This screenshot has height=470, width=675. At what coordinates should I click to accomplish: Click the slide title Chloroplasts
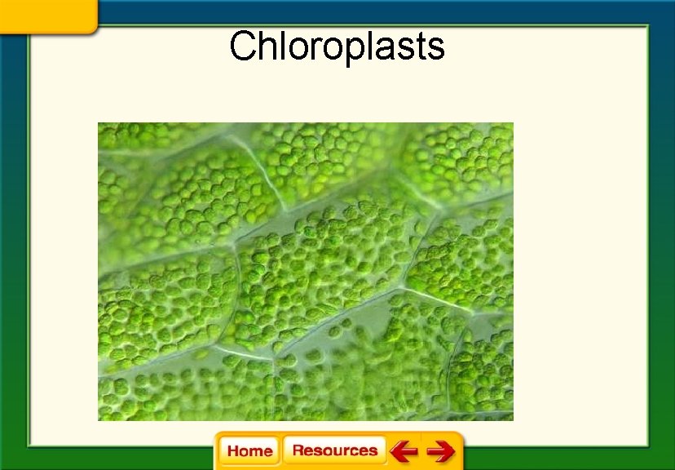(337, 47)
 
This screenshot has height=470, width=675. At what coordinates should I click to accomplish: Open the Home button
(249, 451)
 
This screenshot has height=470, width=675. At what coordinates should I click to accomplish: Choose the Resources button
(334, 450)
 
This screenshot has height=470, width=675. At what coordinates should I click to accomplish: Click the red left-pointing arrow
(404, 451)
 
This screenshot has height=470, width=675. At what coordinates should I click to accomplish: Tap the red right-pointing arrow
(441, 451)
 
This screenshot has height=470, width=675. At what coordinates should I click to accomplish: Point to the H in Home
(233, 451)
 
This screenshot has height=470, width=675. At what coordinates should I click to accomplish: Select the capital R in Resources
(298, 450)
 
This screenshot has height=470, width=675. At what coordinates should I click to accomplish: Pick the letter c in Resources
(358, 452)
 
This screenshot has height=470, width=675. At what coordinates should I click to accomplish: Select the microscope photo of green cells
(305, 271)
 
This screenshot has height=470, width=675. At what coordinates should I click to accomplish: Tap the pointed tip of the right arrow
(453, 451)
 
